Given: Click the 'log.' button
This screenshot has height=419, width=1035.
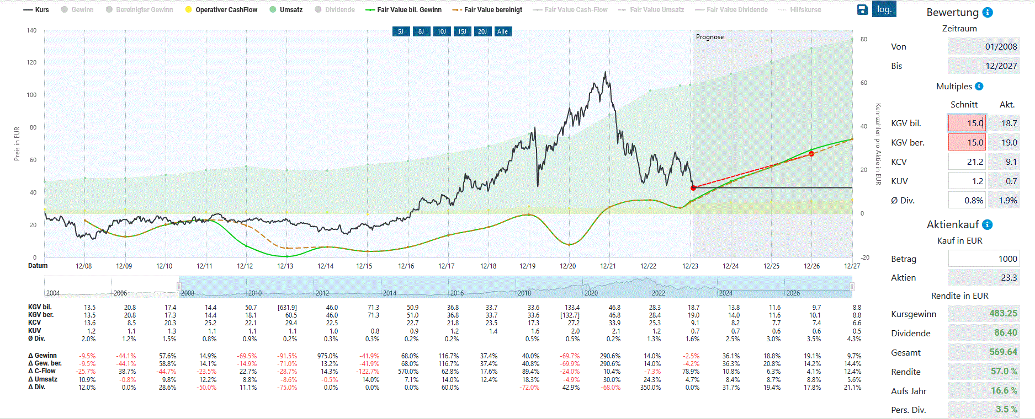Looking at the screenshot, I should coord(884,9).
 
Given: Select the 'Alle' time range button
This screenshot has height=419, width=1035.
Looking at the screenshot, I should coord(502,31).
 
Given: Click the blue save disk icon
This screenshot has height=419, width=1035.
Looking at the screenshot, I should coord(862,9).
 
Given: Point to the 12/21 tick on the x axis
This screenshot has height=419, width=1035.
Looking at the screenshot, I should coord(608,266).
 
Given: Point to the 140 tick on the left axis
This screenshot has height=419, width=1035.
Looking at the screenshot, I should coord(31,30).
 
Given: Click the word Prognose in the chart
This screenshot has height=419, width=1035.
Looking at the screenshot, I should coord(709,37).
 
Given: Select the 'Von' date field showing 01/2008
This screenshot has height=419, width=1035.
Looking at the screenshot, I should coord(983,47).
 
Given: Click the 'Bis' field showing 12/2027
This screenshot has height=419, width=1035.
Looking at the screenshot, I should coord(983,66).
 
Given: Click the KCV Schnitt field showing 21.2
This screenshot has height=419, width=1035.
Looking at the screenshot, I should coord(967,162).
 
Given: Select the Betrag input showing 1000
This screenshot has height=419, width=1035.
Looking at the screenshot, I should coord(983,259).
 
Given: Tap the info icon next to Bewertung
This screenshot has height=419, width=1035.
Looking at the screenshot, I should coord(988,13).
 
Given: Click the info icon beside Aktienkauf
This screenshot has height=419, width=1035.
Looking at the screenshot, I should coord(988,224).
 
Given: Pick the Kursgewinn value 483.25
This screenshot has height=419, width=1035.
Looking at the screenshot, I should coord(1003,313).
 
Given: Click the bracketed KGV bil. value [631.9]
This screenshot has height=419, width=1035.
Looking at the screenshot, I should coord(287,308).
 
